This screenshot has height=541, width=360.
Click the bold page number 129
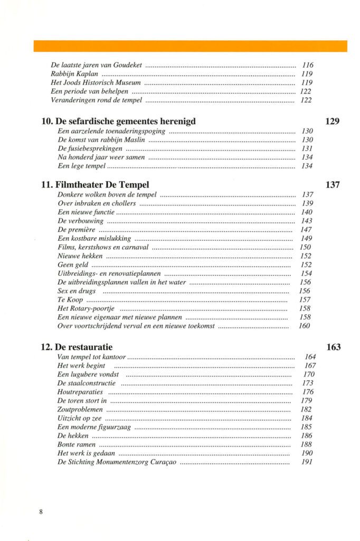tap(332, 122)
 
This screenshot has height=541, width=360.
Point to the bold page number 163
tap(333, 348)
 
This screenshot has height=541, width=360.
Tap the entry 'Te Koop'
tap(68, 300)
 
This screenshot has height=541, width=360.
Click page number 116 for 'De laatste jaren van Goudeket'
tap(307, 66)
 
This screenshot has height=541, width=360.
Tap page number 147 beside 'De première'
tap(306, 230)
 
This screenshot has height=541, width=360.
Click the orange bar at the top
tap(190, 46)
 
